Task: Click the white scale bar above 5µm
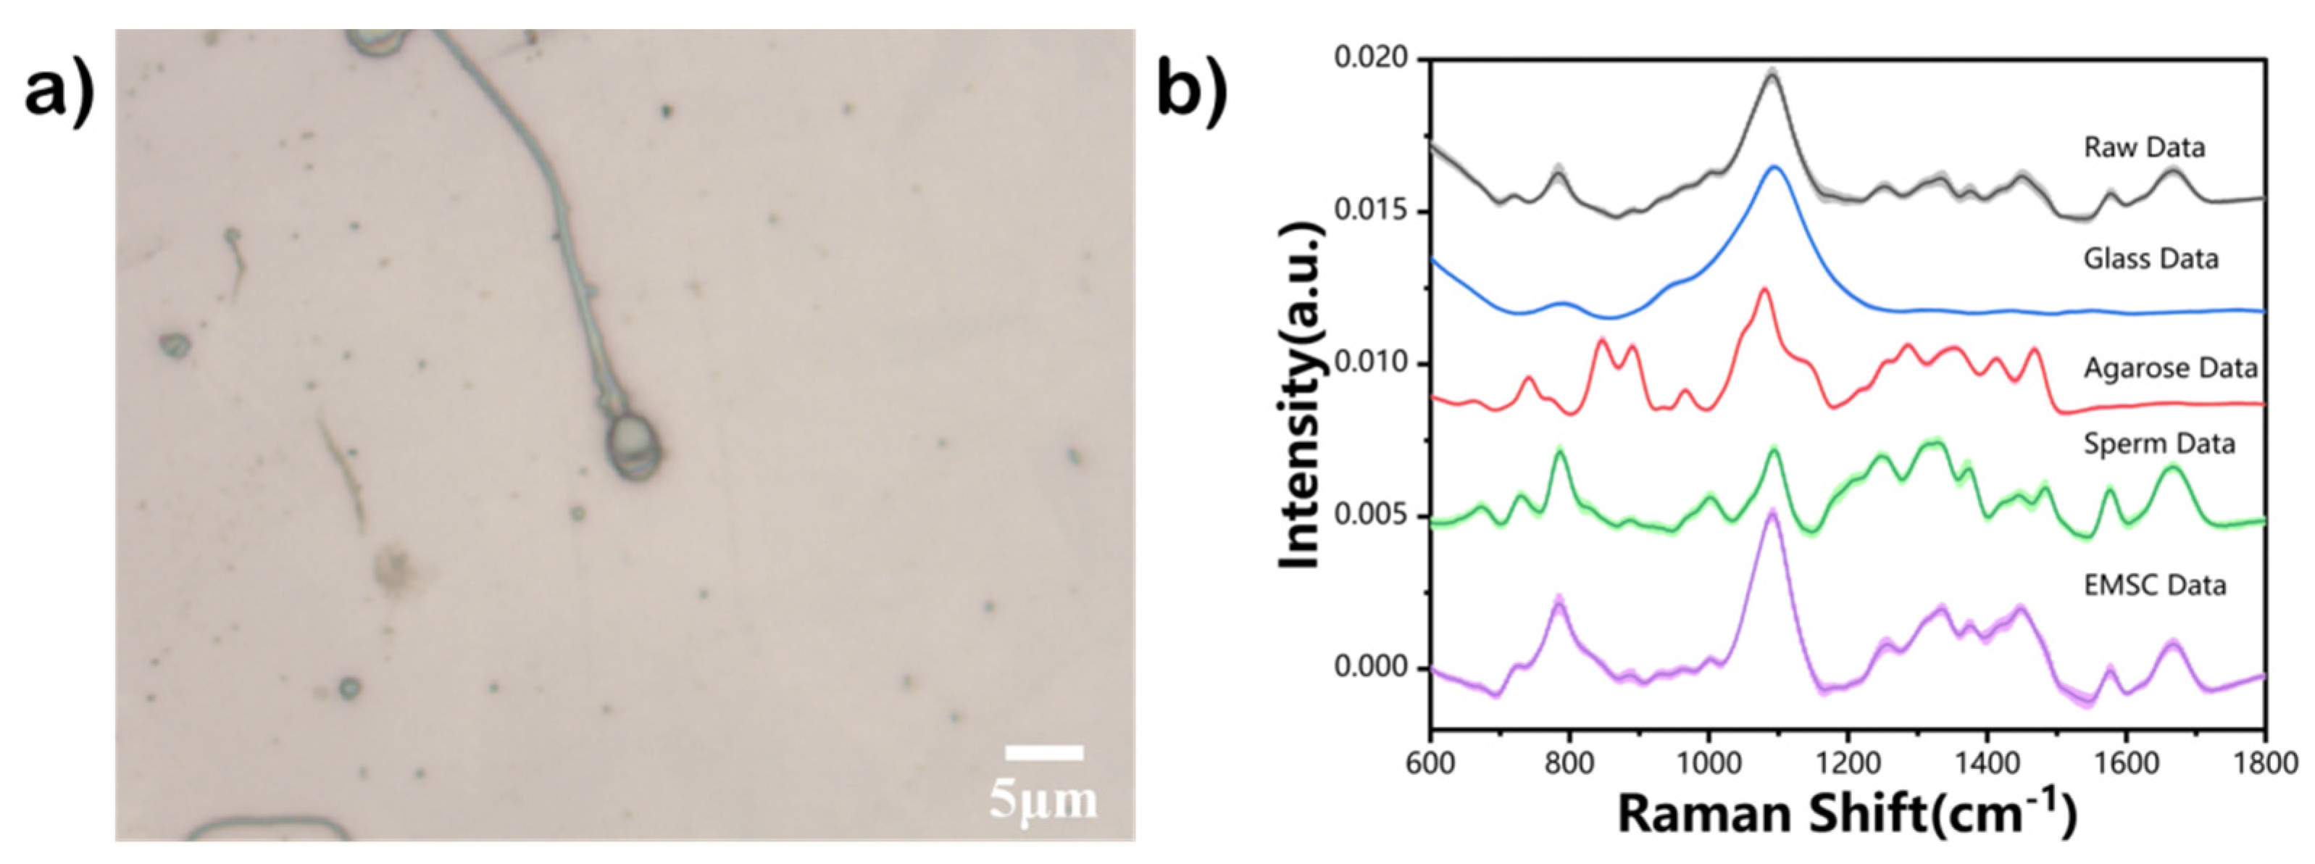point(1043,752)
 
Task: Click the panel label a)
point(59,94)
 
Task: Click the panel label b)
point(1190,94)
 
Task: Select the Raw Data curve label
point(2144,147)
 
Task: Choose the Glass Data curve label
point(2151,259)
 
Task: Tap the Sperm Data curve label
point(2158,444)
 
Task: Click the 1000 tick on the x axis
point(1709,763)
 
